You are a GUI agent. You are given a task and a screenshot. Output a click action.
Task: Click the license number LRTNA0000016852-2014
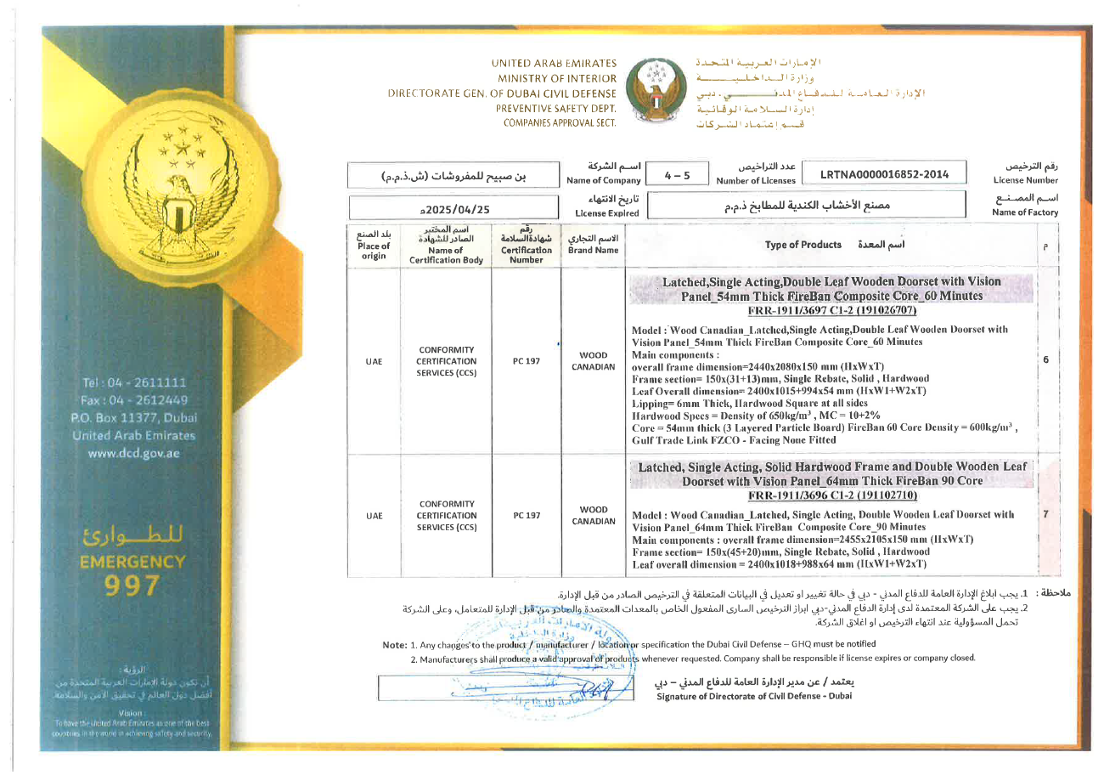pyautogui.click(x=883, y=175)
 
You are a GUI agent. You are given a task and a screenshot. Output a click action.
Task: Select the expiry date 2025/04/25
pyautogui.click(x=455, y=207)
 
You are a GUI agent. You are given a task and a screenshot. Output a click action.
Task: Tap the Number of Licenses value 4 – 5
pyautogui.click(x=677, y=175)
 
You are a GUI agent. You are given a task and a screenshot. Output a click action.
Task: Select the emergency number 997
pyautogui.click(x=133, y=585)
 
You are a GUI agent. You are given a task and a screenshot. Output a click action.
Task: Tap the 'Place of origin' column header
pyautogui.click(x=374, y=246)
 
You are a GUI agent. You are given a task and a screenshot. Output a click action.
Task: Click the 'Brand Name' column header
pyautogui.click(x=593, y=246)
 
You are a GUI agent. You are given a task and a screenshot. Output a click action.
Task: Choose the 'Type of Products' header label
pyautogui.click(x=803, y=245)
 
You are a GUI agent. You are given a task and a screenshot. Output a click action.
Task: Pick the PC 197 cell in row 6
pyautogui.click(x=527, y=361)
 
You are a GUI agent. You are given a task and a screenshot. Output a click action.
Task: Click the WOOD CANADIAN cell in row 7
pyautogui.click(x=593, y=515)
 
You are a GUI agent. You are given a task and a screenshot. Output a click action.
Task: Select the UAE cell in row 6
pyautogui.click(x=374, y=361)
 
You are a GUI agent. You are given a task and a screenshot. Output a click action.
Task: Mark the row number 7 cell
pyautogui.click(x=1045, y=514)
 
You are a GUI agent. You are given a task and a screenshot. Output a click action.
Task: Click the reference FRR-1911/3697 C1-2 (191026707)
pyautogui.click(x=831, y=310)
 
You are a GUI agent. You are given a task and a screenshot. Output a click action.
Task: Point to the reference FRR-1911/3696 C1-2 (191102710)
pyautogui.click(x=831, y=495)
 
